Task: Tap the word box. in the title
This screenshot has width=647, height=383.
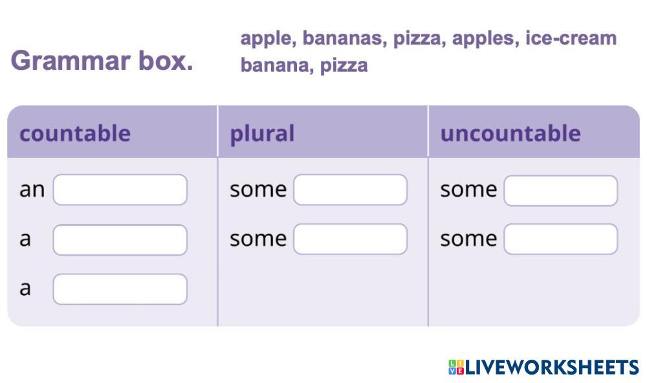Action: (x=166, y=60)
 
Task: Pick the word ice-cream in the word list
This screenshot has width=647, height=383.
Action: (x=571, y=38)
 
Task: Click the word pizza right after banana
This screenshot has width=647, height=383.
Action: (x=344, y=65)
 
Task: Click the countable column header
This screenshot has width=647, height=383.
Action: (x=75, y=133)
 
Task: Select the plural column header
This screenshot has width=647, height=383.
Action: (x=262, y=134)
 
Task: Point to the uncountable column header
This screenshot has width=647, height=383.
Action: (x=510, y=133)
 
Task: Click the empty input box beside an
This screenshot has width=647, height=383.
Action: (x=120, y=190)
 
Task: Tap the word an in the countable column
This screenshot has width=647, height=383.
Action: (x=32, y=190)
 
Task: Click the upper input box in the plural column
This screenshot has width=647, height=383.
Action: (x=350, y=190)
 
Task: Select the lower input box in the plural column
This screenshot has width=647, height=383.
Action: (x=350, y=239)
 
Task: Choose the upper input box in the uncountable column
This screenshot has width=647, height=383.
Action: (x=561, y=190)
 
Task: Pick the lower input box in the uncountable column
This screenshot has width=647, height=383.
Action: (x=561, y=239)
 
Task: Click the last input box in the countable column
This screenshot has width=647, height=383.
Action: (x=120, y=289)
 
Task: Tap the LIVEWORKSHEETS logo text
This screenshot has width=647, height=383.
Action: (x=552, y=367)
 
